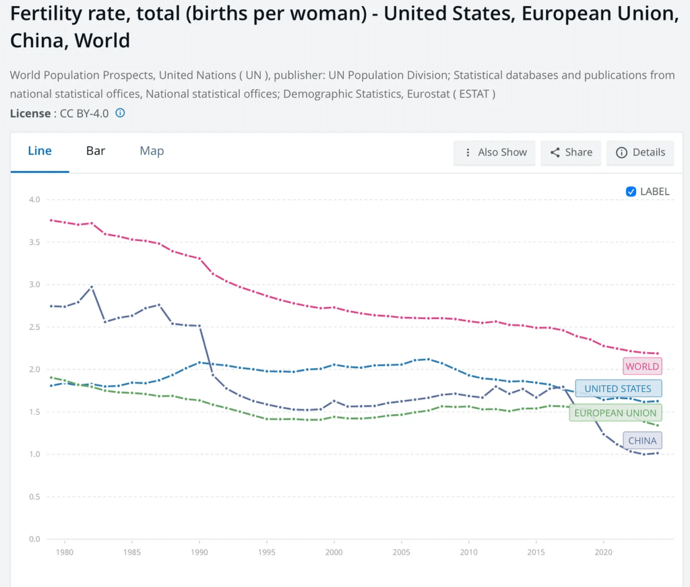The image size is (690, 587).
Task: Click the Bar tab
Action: click(96, 151)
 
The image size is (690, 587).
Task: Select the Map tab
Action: click(152, 151)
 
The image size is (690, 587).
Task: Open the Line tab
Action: click(40, 151)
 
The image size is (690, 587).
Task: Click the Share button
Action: click(571, 152)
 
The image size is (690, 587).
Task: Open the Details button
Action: click(640, 152)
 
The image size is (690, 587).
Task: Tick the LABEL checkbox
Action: click(631, 191)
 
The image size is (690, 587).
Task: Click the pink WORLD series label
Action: click(642, 366)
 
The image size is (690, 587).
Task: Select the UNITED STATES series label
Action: click(618, 388)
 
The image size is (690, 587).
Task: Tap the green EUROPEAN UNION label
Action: click(615, 413)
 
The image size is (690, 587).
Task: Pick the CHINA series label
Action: click(642, 441)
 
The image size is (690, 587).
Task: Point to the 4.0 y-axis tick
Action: click(34, 200)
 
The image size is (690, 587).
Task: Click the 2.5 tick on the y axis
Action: click(34, 327)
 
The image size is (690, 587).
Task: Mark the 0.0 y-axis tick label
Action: click(34, 539)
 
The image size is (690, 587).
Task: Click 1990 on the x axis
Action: click(199, 552)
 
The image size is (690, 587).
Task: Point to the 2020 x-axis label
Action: click(603, 552)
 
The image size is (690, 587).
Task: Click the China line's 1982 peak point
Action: click(92, 287)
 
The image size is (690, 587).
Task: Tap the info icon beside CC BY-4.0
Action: click(120, 113)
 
